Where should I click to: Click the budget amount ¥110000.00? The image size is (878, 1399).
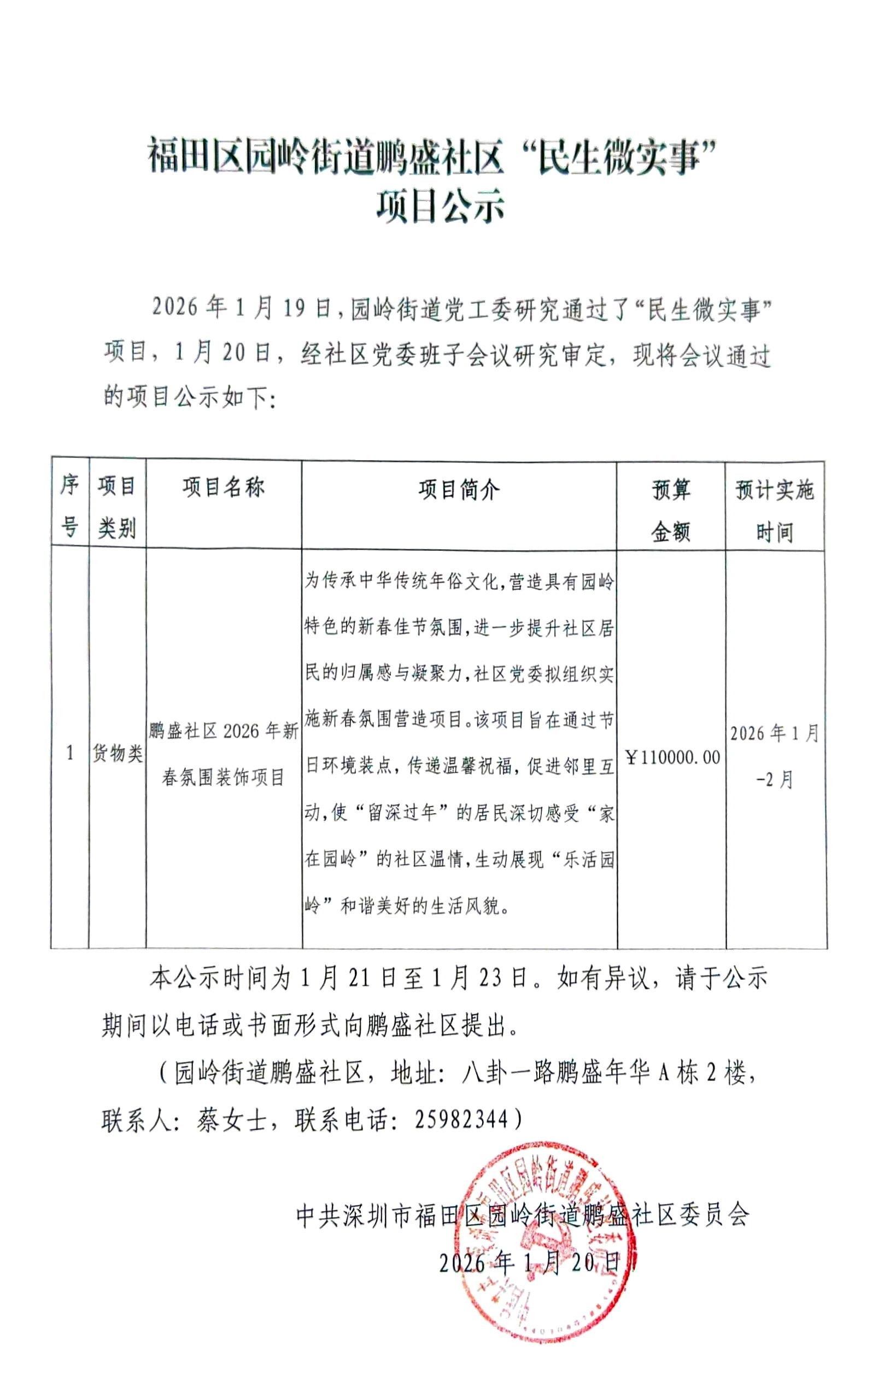[x=672, y=757]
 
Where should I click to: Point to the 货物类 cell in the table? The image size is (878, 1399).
[x=118, y=754]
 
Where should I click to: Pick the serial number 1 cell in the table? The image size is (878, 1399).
[x=71, y=754]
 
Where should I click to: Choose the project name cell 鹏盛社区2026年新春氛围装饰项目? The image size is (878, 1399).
[x=224, y=754]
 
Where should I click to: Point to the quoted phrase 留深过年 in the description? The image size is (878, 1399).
[x=401, y=813]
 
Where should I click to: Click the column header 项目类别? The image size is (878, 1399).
[x=116, y=507]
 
